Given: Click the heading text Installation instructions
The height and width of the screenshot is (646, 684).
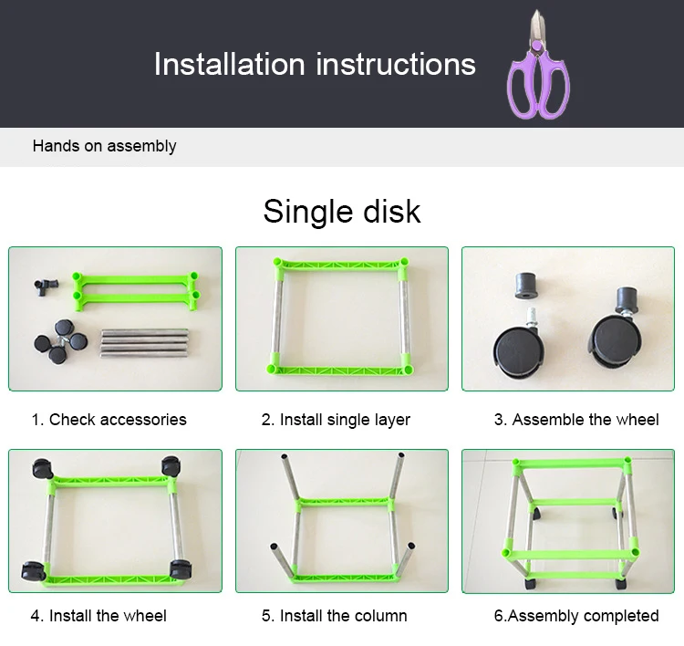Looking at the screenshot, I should coord(315,64).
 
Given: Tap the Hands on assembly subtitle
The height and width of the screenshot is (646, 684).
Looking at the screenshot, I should coord(104,146).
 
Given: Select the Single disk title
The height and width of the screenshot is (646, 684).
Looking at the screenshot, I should coord(342,211).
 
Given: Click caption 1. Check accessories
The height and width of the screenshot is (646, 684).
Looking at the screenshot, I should coord(109,420).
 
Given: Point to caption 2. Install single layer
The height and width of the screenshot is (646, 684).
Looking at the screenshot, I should coord(336,420).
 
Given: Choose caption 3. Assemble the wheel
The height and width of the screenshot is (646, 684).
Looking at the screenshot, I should coord(575,420).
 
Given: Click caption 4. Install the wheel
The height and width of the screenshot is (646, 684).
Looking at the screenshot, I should coord(98,616).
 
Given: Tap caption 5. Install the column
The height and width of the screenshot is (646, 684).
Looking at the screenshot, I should coord(334,616).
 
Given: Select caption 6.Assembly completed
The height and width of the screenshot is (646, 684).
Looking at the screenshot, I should coord(575,616).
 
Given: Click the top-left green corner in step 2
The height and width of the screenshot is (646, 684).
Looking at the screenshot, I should coord(277,265).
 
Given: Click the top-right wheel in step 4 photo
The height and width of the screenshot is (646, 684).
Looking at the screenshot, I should coord(170,466).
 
